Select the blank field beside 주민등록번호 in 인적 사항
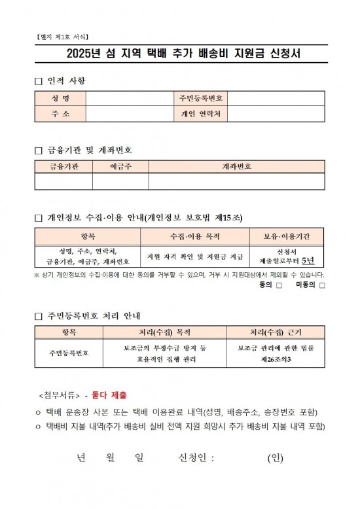point(276,99)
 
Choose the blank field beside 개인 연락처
point(276,114)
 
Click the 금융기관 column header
point(63,167)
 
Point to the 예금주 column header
point(120,167)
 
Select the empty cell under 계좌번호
point(236,181)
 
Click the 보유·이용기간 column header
point(288,236)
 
